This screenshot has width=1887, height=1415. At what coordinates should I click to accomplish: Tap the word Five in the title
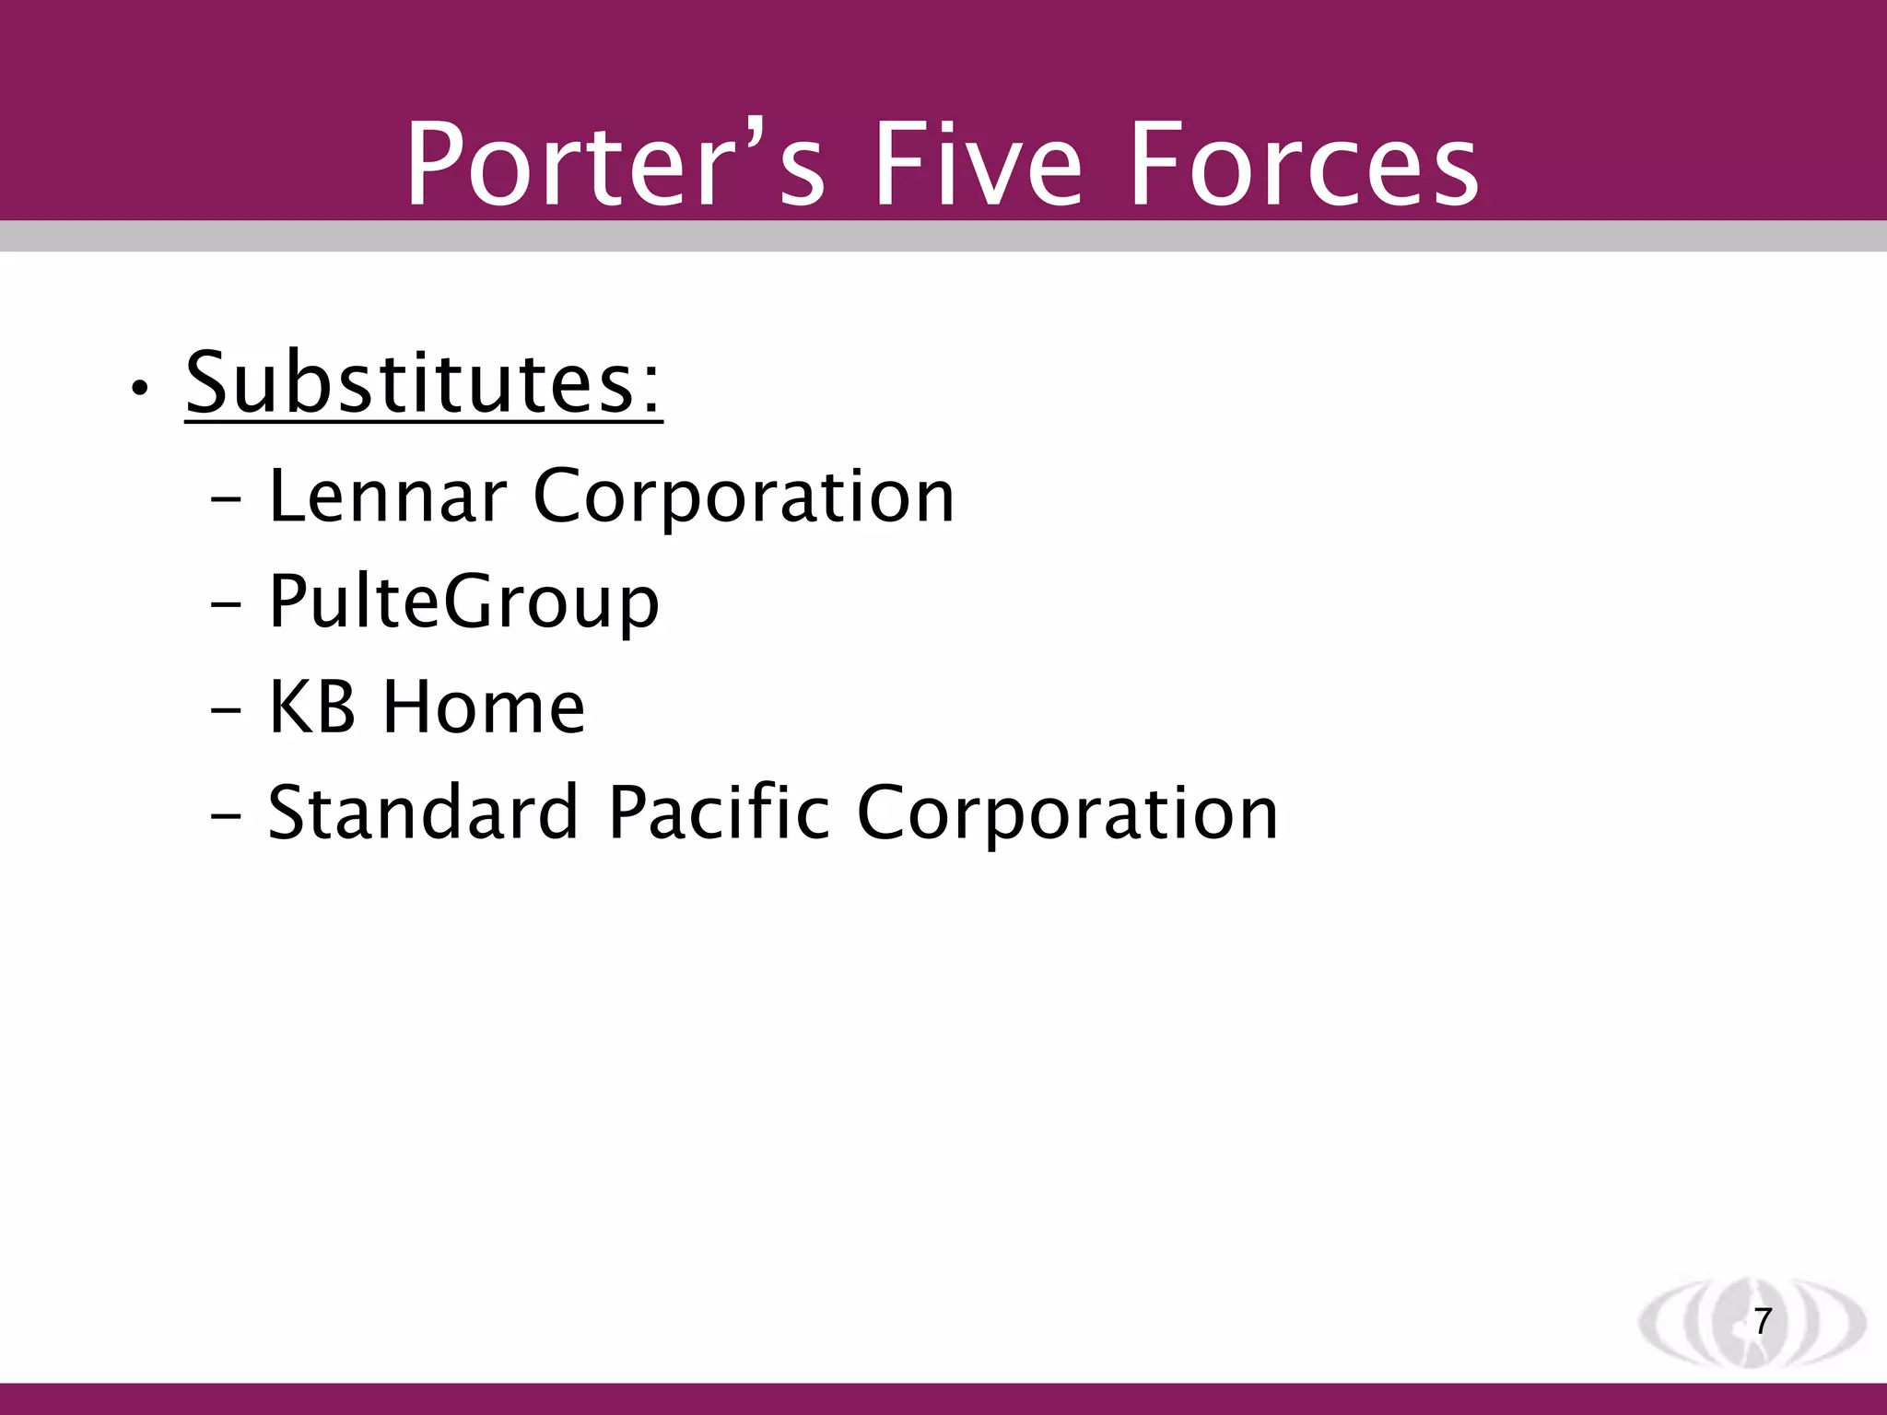point(978,166)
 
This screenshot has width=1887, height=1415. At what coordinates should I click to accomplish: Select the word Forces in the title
point(1303,166)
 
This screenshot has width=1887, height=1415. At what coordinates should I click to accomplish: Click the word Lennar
point(387,497)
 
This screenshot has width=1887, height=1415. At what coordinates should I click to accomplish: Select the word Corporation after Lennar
point(744,497)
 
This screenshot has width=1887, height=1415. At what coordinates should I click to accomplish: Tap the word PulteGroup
point(463,602)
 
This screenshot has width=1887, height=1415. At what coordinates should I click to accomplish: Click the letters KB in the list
point(311,707)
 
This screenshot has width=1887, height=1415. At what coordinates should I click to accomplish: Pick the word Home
point(484,707)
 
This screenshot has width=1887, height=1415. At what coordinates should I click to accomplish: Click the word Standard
point(423,813)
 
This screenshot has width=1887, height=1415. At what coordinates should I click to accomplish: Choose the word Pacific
point(719,813)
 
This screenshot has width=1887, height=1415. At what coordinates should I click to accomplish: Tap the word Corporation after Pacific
point(1068,813)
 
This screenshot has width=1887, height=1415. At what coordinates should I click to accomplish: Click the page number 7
point(1763,1321)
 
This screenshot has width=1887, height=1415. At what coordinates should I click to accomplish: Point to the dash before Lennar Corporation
point(226,502)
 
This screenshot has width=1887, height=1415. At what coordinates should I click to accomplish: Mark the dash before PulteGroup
point(226,607)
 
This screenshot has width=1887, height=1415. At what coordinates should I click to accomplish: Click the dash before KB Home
point(226,712)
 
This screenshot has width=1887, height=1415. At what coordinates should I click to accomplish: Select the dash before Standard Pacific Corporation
point(226,817)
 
